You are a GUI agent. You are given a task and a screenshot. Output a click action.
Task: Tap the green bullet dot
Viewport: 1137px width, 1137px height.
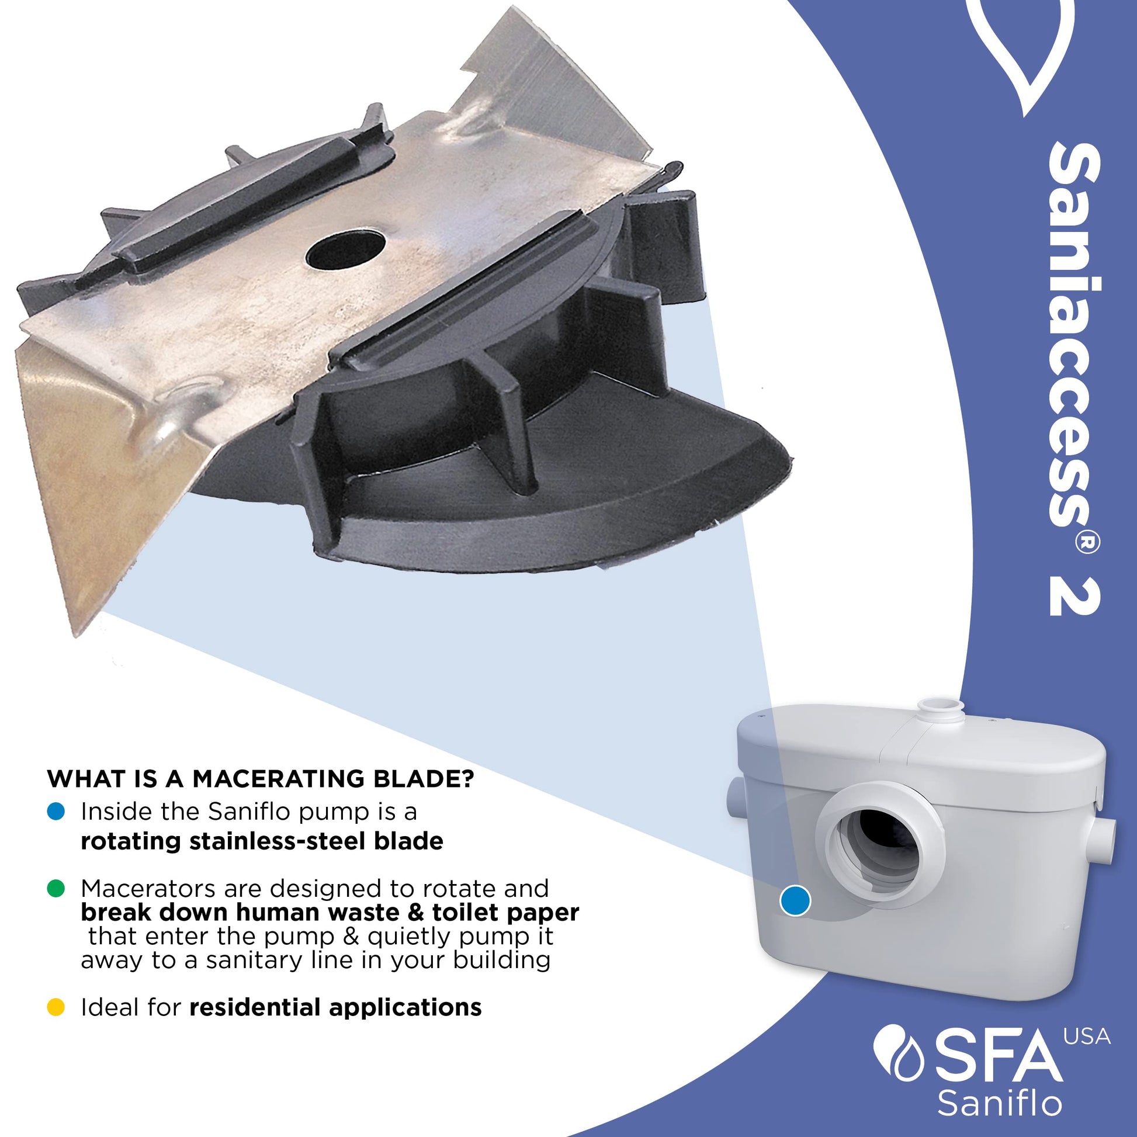click(x=56, y=888)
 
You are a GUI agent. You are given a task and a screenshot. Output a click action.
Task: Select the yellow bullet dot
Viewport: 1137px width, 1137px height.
click(x=56, y=1007)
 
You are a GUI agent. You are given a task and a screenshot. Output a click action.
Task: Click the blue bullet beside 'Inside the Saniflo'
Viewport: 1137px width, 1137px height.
click(x=56, y=812)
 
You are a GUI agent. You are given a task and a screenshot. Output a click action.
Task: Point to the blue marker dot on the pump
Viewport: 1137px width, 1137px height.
click(x=795, y=900)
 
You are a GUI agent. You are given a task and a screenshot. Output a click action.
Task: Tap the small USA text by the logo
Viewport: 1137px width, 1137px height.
click(x=1087, y=1038)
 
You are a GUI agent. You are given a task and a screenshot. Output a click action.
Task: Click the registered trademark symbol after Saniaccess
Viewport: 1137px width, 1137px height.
click(x=1087, y=545)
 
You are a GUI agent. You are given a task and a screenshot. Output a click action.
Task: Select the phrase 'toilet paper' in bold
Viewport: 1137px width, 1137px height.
click(x=505, y=913)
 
